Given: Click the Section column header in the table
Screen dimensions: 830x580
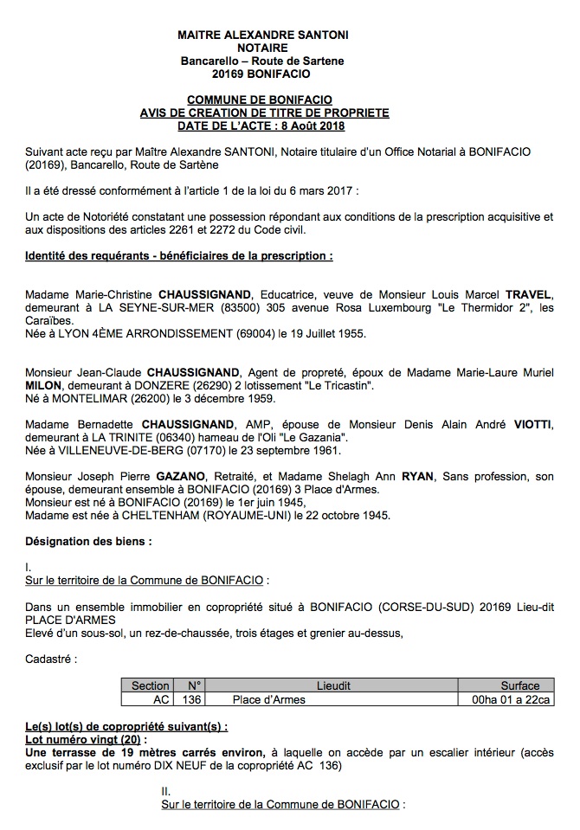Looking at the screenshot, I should point(149,685).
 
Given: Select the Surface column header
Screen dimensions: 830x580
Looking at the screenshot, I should point(519,685).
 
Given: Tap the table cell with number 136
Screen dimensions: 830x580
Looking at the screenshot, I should point(193,698).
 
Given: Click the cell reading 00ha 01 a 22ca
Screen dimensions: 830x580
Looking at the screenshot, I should point(518,698).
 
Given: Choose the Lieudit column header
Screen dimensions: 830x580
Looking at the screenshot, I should point(334,685).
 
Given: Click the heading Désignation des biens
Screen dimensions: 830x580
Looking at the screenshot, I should point(89,542).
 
